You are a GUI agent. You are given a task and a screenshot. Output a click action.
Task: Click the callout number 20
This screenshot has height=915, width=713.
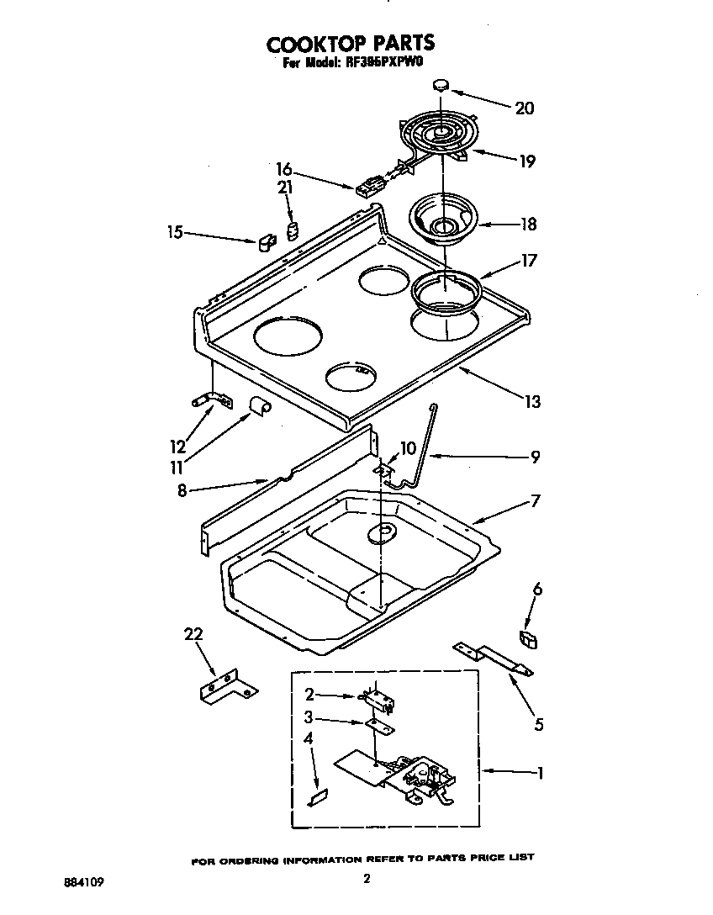point(524,108)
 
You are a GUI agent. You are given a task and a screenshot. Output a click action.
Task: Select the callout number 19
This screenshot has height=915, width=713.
point(526,161)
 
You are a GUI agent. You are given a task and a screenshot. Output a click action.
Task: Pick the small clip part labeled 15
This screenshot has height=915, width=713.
point(266,243)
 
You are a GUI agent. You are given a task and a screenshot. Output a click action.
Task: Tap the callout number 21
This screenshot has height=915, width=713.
point(285,189)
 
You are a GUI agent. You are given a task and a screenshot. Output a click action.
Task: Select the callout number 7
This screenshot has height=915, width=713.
point(535,500)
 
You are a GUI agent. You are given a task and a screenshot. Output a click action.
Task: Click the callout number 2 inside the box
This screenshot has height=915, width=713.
point(309,695)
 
